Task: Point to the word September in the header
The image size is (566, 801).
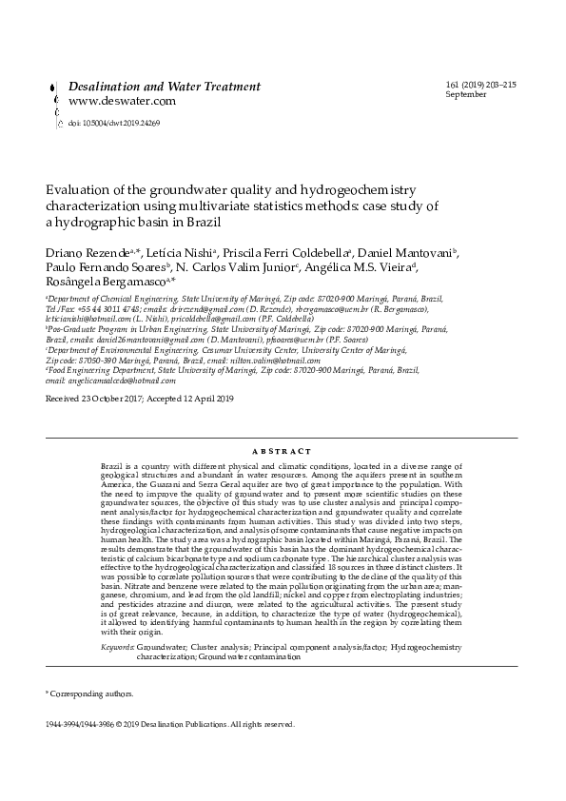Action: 466,95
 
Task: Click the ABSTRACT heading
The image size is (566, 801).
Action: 283,451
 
